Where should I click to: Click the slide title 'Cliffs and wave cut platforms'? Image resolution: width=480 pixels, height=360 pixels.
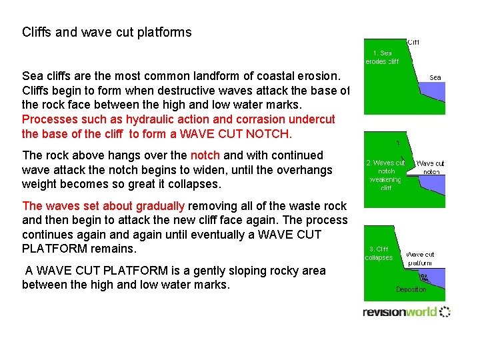(107, 32)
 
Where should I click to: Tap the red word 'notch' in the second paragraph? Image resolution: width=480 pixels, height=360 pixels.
(205, 155)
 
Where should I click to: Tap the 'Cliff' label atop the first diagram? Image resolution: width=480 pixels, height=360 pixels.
(413, 42)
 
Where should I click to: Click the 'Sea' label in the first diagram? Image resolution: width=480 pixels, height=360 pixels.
(435, 77)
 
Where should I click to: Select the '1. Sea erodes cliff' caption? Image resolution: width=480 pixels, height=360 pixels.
(382, 57)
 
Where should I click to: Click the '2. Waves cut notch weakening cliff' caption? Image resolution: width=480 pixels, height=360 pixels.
(385, 175)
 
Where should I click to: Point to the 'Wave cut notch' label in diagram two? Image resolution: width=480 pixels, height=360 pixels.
(430, 167)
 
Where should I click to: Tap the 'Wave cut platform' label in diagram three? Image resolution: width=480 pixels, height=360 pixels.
(420, 259)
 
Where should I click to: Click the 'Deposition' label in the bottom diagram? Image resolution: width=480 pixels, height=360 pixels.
(411, 290)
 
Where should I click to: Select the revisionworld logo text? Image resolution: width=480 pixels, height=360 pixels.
(399, 312)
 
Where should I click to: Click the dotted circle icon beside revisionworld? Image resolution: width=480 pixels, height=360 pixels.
(445, 311)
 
